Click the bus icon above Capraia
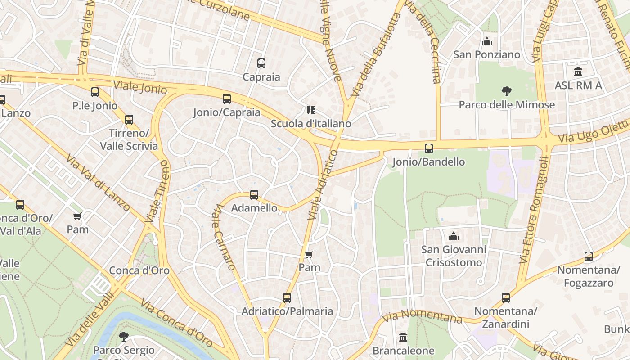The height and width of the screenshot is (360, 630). point(261,63)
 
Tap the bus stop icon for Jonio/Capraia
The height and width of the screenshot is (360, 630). point(227,99)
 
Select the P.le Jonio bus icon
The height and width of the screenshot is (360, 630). point(95,92)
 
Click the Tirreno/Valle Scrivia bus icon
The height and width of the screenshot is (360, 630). point(129,120)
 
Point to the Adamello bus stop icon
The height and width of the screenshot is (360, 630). point(254,195)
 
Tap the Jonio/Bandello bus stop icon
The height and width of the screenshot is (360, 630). point(429,148)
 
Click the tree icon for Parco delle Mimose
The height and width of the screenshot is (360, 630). point(507,91)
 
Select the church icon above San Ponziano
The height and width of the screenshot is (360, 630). point(486,41)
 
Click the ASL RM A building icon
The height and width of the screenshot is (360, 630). point(578,72)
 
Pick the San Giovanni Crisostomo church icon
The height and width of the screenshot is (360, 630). point(454,236)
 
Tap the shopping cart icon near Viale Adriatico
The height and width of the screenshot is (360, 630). point(309,255)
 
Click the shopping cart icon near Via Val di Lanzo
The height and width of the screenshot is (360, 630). point(77,216)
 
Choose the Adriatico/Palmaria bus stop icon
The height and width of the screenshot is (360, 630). point(287,298)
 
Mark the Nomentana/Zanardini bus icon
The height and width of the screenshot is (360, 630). point(506,298)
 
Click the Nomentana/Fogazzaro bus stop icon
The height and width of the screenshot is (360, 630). point(588,256)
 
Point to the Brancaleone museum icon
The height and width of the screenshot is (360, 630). point(403,337)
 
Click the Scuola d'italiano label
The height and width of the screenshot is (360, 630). point(311,123)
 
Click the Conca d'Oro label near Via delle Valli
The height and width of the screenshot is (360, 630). point(139,270)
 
